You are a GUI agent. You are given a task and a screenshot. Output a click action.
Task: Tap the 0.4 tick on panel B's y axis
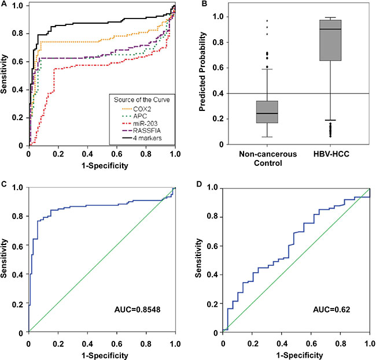click(217, 94)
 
